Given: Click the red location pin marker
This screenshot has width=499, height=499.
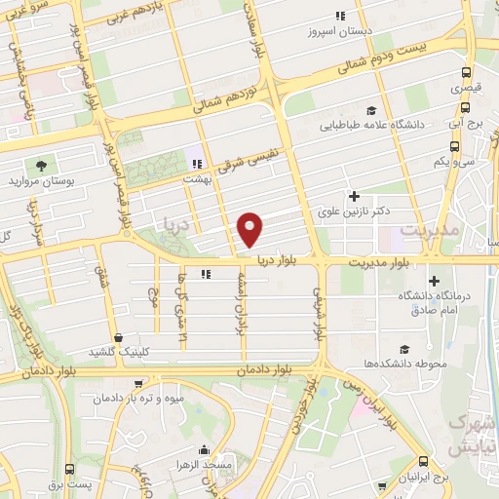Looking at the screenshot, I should [x=251, y=229].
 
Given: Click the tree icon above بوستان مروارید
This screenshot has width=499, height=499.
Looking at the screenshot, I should [x=40, y=165].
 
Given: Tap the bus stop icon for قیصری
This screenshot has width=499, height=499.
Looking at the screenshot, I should [x=467, y=73].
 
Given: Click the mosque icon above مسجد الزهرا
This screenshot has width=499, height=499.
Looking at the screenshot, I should [x=203, y=450].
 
